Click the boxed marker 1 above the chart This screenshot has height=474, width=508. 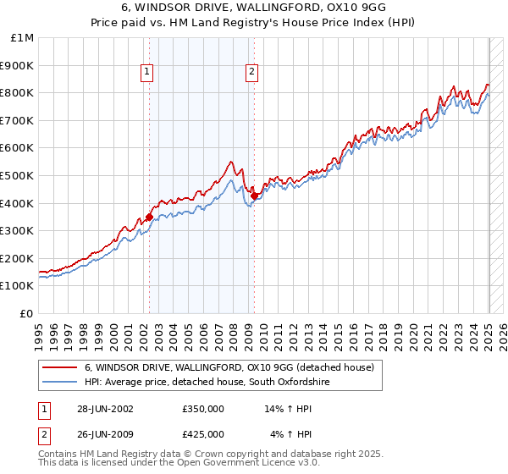[147, 73]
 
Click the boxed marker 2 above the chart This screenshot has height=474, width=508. [252, 73]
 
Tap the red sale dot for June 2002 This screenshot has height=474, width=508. [150, 217]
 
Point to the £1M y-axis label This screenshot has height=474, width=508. [23, 38]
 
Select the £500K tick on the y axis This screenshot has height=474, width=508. [18, 175]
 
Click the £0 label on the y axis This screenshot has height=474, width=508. [27, 313]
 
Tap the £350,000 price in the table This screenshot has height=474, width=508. [203, 409]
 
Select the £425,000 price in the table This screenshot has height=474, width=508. [203, 434]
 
